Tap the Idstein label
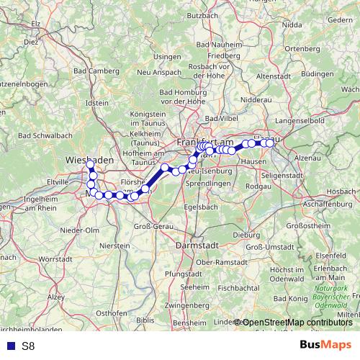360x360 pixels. (x=97, y=103)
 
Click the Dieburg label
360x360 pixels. (x=246, y=234)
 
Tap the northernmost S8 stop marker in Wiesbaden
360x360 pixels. (x=91, y=165)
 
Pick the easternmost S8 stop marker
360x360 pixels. (x=271, y=143)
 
